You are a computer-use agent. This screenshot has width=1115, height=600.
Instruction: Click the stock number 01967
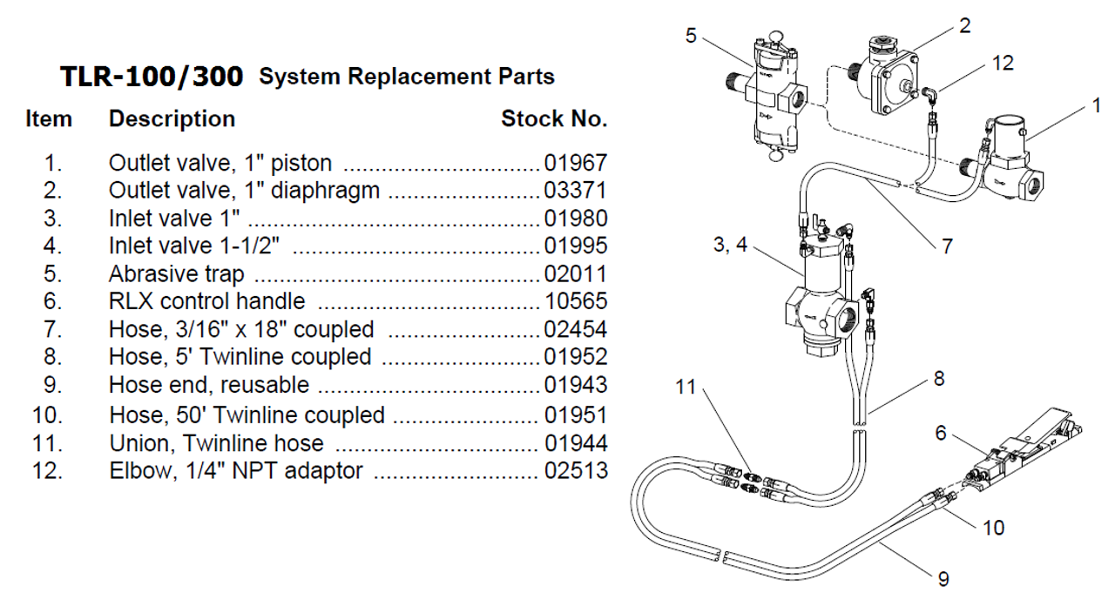pos(575,164)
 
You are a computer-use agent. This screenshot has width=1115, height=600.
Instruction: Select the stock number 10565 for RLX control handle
pos(575,301)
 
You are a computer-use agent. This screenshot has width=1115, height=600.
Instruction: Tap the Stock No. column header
pos(554,119)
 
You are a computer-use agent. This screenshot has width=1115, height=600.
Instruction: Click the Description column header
pos(172,119)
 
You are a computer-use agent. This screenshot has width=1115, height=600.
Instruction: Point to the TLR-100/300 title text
pos(152,77)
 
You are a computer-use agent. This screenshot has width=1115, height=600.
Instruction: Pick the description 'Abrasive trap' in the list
pos(176,274)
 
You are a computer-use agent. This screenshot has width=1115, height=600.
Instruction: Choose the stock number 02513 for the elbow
pos(575,473)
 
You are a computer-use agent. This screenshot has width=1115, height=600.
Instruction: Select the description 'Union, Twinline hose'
pos(216,445)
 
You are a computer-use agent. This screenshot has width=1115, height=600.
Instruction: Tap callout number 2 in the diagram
pos(964,25)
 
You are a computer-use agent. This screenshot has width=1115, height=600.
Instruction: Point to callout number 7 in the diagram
pos(947,246)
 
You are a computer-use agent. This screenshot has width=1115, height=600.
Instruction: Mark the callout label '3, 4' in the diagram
pos(730,246)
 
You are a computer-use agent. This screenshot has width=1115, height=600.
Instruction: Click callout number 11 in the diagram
pos(687,387)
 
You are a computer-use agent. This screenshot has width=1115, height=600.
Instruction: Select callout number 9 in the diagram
pos(943,578)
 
